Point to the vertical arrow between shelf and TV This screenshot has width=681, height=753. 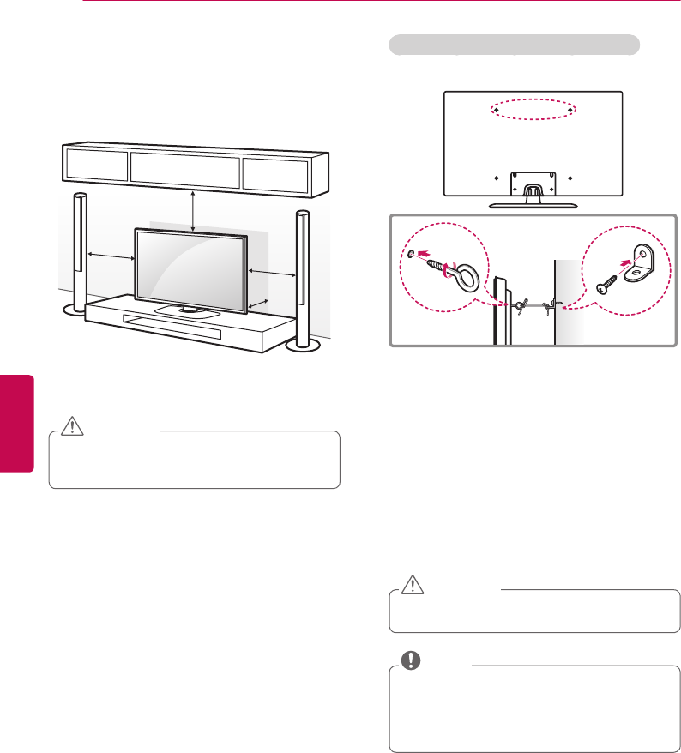(194, 211)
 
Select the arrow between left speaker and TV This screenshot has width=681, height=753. (109, 256)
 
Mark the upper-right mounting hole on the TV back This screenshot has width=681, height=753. (570, 111)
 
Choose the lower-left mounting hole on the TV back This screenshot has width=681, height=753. (497, 178)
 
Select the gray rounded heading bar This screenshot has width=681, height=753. (515, 45)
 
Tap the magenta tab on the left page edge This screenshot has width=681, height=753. (16, 420)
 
